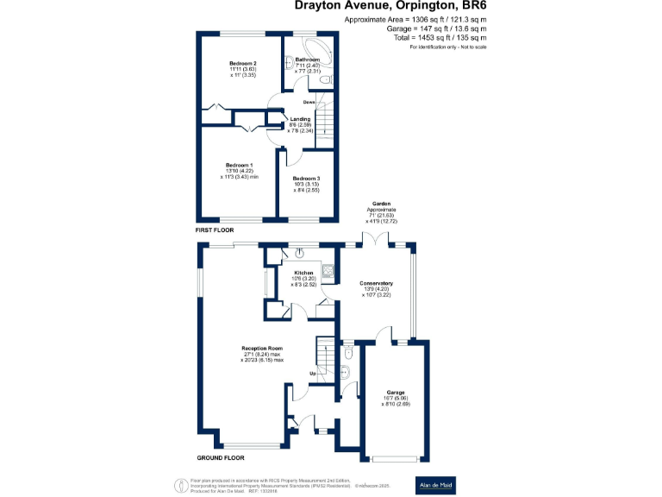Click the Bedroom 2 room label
point(243,64)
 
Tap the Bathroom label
point(308,60)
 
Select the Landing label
point(300,119)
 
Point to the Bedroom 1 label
point(239,165)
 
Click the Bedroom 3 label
point(305,178)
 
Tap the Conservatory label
point(375,283)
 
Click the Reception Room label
point(261,348)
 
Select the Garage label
point(395,392)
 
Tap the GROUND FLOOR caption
point(222,458)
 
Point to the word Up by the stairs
point(313,373)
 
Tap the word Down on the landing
point(296,102)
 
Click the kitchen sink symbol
point(298,253)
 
